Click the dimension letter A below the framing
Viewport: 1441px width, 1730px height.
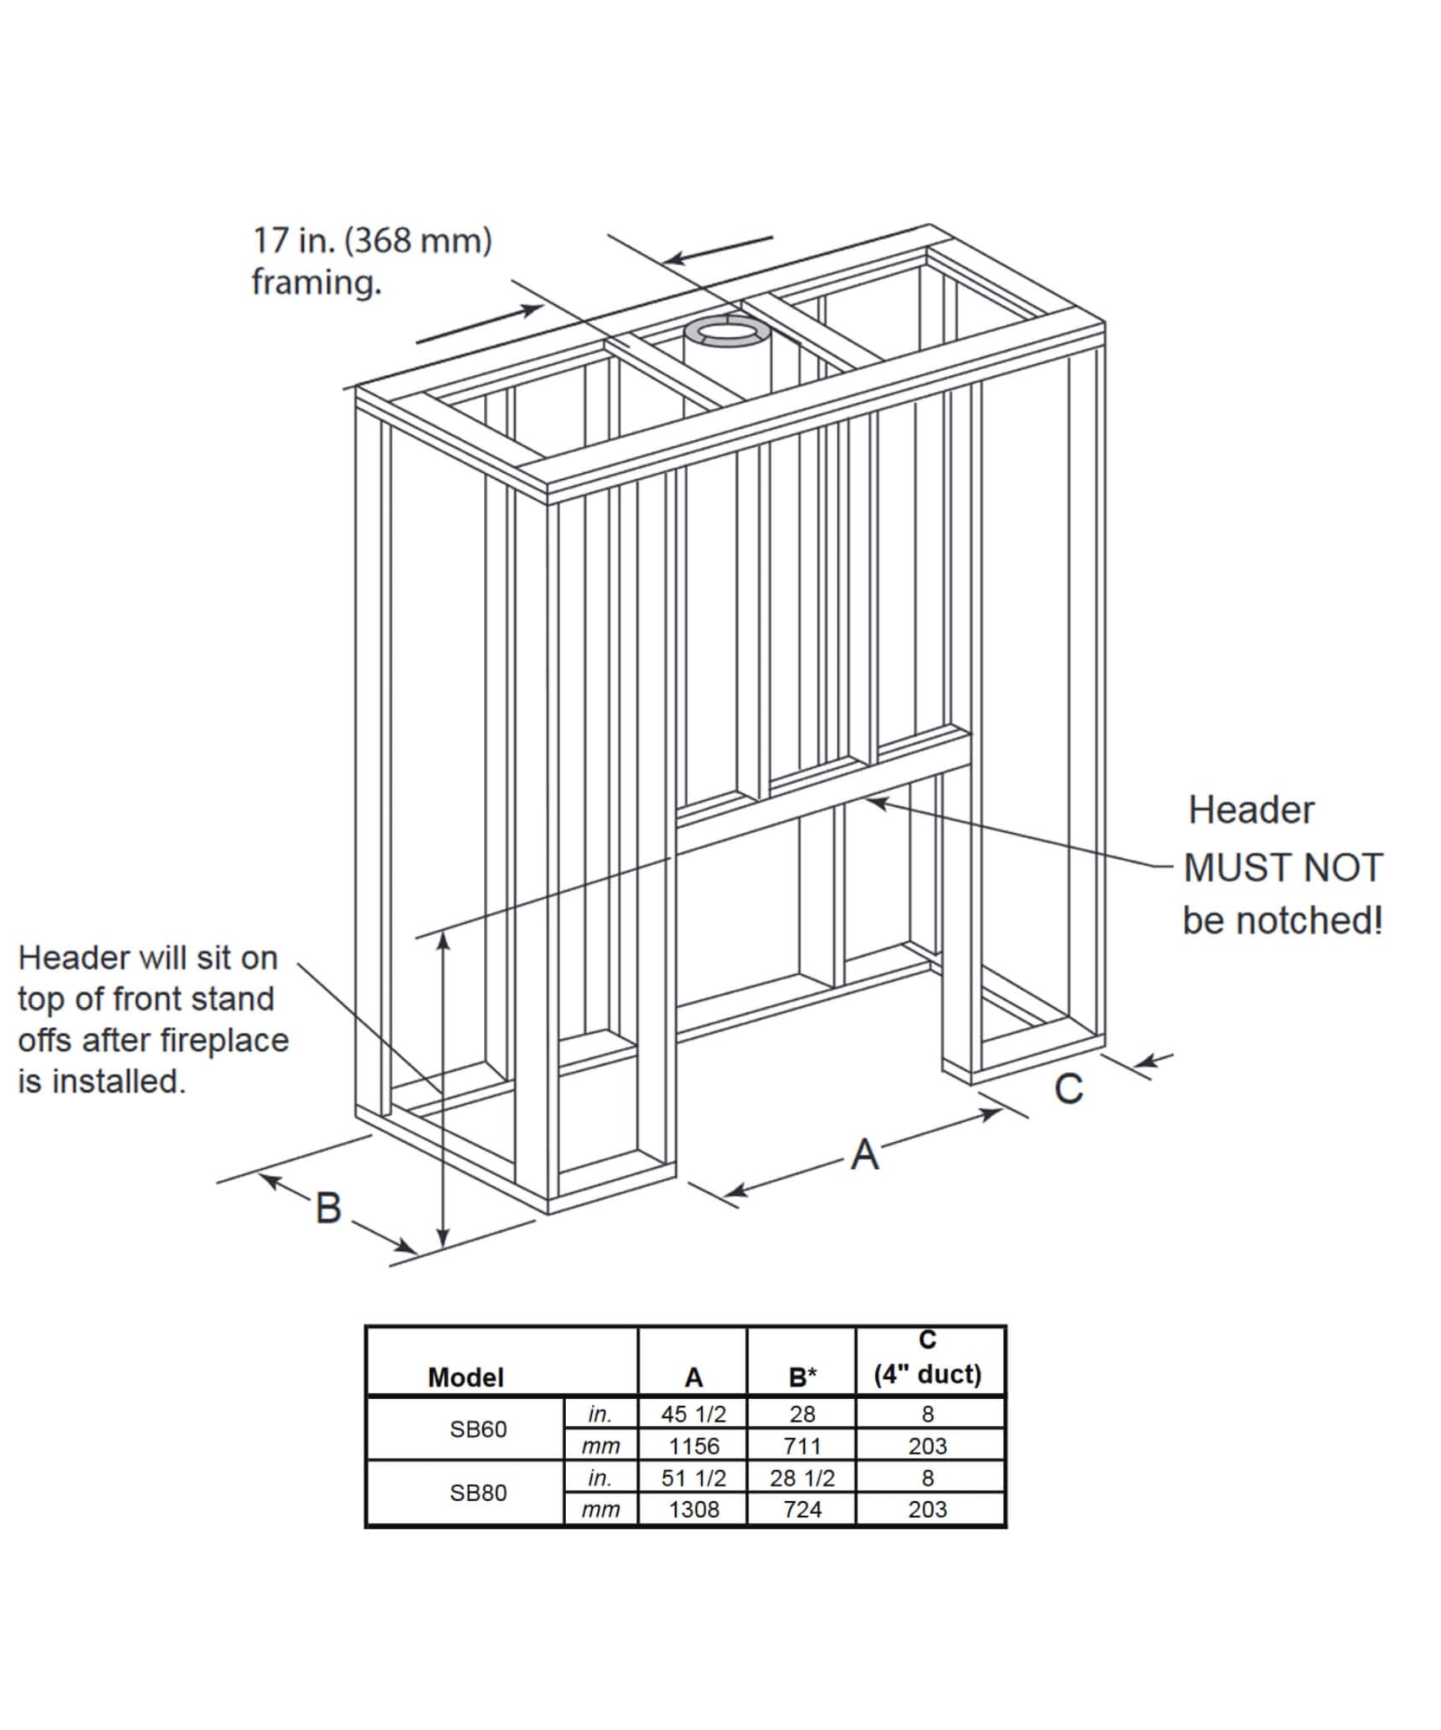864,1155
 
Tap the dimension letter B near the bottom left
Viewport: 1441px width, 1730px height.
329,1208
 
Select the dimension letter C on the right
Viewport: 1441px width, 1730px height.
1069,1088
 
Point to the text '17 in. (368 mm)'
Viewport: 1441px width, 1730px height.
372,241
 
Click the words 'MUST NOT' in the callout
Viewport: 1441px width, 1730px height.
1282,868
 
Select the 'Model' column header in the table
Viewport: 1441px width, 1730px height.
465,1378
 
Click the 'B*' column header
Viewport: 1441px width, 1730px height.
802,1378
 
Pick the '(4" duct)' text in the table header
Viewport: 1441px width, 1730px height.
927,1374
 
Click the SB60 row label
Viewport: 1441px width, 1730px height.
478,1429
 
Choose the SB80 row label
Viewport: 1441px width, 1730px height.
478,1493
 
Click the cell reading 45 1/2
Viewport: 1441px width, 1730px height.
693,1414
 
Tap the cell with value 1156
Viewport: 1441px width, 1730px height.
693,1446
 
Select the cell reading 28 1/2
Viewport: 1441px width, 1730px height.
802,1478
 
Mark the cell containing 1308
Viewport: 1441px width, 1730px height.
693,1510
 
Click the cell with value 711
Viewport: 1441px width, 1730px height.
802,1446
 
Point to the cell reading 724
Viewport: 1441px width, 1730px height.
802,1510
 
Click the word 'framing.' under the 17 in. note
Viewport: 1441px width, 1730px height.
317,283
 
